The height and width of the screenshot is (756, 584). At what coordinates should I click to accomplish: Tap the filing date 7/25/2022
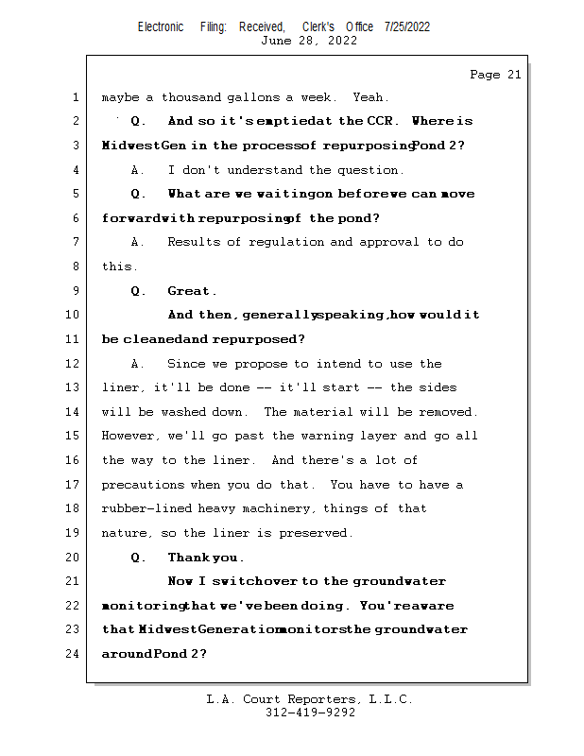tap(407, 26)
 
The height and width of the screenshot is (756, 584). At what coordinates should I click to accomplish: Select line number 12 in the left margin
tap(74, 364)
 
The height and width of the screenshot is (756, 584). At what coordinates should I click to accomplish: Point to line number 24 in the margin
tap(74, 653)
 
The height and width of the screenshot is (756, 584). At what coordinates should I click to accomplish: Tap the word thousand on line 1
tap(193, 97)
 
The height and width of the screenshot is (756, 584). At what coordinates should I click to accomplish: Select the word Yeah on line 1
tap(369, 97)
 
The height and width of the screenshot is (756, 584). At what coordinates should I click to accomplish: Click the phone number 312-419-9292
tap(310, 713)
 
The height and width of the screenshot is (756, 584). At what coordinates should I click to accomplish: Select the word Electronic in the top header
tap(161, 26)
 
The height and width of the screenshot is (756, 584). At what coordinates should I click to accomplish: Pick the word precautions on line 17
tap(142, 485)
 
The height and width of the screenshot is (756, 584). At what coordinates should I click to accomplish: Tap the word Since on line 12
tap(185, 364)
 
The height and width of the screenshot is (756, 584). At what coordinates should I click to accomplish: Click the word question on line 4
tap(370, 170)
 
